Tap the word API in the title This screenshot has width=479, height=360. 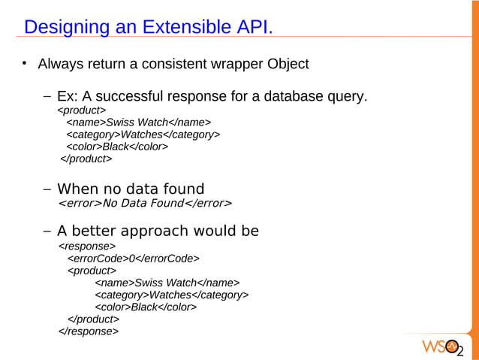[x=252, y=27]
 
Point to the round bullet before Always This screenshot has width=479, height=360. [x=25, y=63]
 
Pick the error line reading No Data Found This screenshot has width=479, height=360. [x=145, y=203]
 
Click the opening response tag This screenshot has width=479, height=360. [x=86, y=245]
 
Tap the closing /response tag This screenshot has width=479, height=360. [x=88, y=331]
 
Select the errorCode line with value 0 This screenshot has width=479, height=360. [x=133, y=258]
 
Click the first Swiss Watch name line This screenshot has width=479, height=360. [x=138, y=123]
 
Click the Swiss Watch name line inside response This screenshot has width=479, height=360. [x=167, y=283]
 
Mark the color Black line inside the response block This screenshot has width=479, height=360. [x=145, y=307]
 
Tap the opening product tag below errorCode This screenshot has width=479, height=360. [x=92, y=270]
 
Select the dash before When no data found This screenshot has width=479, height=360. [x=47, y=188]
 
